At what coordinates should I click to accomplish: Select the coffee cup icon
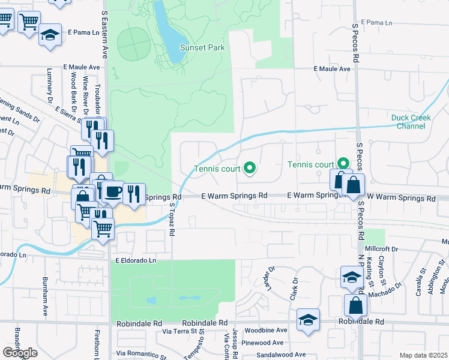112,192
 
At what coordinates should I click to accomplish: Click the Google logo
20,353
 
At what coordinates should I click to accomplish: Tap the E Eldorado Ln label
136,260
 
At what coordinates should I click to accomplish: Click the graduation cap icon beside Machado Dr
351,277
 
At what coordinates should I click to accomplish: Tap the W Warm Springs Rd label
401,197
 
